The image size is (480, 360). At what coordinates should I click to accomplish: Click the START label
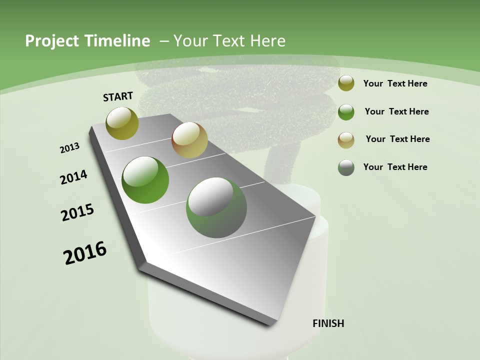tap(118, 96)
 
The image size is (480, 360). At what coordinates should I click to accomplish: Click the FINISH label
tap(328, 323)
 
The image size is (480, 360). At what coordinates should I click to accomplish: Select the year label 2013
tap(69, 148)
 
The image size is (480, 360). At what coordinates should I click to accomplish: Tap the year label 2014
tap(73, 177)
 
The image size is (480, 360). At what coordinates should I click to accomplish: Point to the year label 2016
tap(85, 253)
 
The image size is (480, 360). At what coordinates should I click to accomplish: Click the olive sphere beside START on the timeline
tap(122, 123)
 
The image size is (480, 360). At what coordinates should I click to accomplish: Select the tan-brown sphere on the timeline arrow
tap(189, 140)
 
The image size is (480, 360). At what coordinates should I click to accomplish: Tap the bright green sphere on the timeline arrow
tap(145, 180)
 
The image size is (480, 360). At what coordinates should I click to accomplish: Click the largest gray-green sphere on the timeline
tap(216, 207)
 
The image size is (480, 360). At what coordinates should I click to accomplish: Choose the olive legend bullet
tap(346, 83)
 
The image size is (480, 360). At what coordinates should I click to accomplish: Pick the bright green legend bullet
tap(346, 112)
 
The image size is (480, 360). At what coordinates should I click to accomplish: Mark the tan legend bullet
tap(346, 140)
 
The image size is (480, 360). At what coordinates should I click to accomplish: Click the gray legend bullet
tap(346, 167)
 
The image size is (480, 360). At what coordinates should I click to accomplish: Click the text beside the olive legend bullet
tap(395, 83)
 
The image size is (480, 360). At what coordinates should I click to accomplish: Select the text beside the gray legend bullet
tap(395, 167)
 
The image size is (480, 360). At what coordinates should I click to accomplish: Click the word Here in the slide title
tap(267, 41)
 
